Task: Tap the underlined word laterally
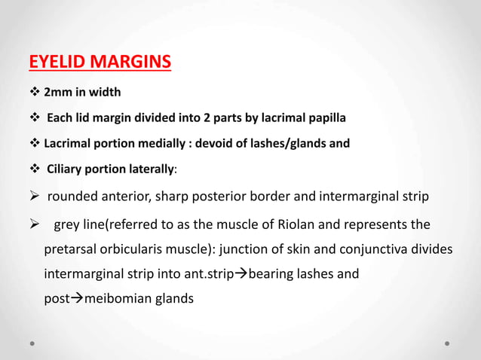146,168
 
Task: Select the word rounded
73,197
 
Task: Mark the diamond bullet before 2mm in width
33,93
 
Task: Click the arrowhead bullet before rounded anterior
35,197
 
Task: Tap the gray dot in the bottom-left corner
33,343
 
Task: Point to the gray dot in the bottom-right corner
447,343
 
